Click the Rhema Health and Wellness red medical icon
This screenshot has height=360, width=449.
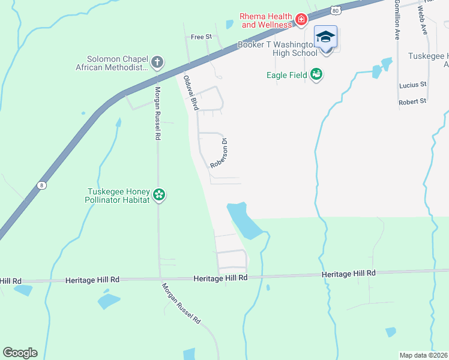coord(301,21)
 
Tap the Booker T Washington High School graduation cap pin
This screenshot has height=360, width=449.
coord(325,38)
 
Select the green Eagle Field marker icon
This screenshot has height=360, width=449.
coord(317,74)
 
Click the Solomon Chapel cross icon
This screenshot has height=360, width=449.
coord(157,62)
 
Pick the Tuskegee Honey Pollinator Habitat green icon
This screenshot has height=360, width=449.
coord(159,194)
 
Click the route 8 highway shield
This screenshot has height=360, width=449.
coord(41,185)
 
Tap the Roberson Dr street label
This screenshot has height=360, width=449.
coord(218,154)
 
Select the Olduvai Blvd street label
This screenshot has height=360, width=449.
coord(190,92)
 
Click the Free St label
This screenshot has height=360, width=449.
coord(201,37)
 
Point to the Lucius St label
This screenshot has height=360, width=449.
coord(412,85)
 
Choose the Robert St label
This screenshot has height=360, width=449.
coord(412,101)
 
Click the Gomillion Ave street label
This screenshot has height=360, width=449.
coord(397,20)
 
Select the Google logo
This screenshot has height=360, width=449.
coord(20,353)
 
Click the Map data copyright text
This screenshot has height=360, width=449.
coord(423,355)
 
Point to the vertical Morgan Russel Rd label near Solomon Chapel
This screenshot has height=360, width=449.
coord(157,113)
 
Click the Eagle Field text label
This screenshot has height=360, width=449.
coord(287,75)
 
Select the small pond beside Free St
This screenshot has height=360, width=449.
coord(229,25)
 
